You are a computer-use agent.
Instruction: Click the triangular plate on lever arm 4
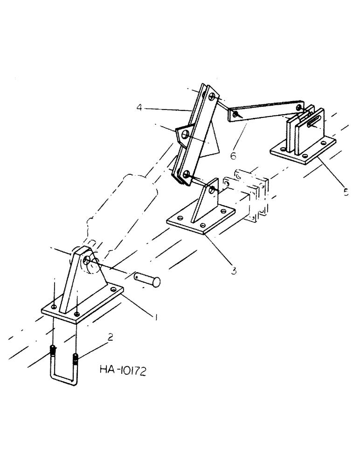(x=184, y=134)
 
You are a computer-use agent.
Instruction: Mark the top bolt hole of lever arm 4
(x=212, y=96)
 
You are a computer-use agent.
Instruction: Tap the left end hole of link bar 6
(x=237, y=114)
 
